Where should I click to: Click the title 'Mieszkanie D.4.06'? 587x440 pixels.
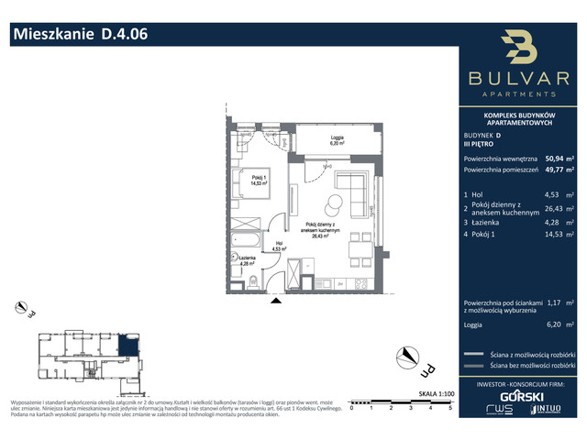[x=79, y=36]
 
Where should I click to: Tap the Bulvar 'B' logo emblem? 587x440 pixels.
[x=520, y=49]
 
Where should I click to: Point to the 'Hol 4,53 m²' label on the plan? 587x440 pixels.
[x=276, y=245]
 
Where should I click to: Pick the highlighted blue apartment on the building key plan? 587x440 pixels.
[x=132, y=346]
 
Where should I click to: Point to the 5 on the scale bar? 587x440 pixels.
[x=449, y=409]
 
